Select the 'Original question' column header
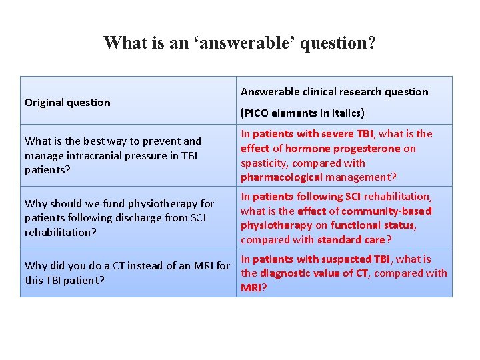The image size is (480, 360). (x=67, y=103)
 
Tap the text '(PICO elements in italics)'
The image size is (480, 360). (x=303, y=113)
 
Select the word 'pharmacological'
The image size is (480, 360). (x=281, y=177)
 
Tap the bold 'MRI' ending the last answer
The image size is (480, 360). (x=251, y=287)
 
